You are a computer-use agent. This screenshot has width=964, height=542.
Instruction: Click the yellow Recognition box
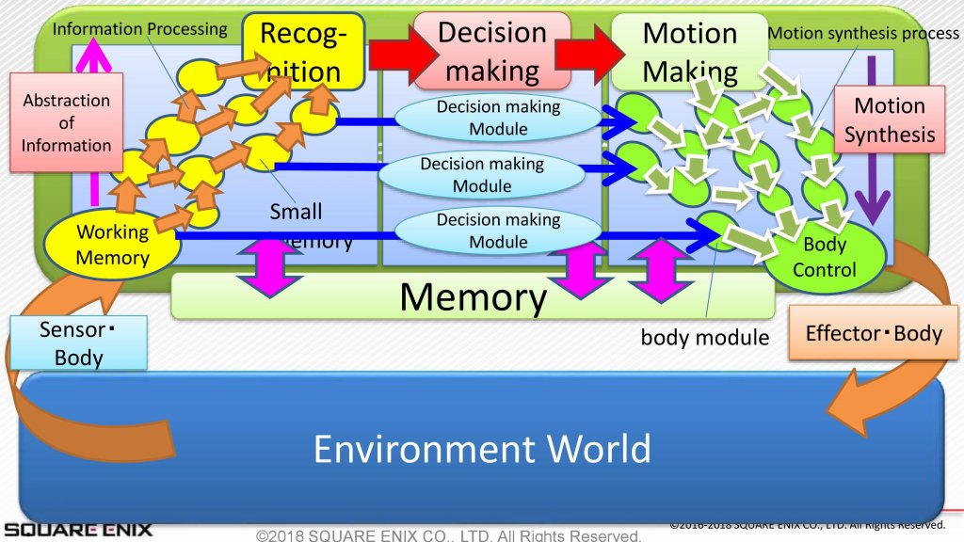click(302, 52)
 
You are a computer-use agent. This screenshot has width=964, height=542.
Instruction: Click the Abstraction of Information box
click(67, 122)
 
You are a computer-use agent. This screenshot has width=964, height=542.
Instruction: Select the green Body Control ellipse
click(824, 256)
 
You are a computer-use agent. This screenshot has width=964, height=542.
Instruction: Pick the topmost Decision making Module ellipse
click(498, 118)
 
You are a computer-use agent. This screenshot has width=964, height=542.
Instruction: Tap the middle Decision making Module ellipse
click(482, 174)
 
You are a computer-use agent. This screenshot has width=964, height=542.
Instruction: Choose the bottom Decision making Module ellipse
click(498, 231)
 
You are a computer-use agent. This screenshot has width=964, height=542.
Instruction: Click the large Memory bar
click(473, 296)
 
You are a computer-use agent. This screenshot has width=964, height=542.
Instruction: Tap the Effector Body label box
click(874, 333)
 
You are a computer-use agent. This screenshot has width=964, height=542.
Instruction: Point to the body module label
click(705, 336)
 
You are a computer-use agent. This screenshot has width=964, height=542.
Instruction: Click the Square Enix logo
click(75, 529)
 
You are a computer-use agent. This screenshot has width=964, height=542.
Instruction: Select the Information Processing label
click(139, 29)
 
